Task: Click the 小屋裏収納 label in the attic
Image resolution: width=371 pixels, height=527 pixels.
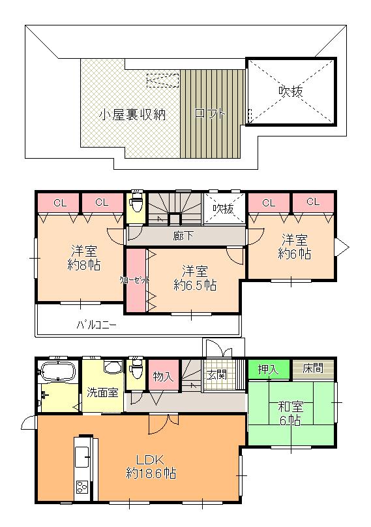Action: click(x=132, y=114)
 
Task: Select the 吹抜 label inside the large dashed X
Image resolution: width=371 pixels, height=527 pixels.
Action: click(x=291, y=92)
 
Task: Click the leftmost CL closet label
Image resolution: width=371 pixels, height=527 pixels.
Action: click(x=59, y=202)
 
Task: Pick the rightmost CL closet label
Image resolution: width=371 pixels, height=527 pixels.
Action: click(x=312, y=202)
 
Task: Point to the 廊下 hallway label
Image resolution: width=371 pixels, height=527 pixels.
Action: click(x=183, y=236)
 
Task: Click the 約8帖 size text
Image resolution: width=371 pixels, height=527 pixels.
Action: click(x=83, y=266)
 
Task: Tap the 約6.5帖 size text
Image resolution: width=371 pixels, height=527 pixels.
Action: click(x=195, y=285)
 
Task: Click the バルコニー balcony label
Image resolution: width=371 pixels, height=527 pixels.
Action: click(x=96, y=324)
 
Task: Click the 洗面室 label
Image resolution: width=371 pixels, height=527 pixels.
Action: click(x=102, y=392)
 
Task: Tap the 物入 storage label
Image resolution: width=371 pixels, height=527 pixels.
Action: click(x=163, y=376)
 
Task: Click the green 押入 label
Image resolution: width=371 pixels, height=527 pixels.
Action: click(x=267, y=369)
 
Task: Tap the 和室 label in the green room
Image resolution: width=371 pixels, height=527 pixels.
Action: click(x=291, y=407)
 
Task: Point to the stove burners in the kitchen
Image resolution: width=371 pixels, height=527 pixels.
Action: click(x=83, y=487)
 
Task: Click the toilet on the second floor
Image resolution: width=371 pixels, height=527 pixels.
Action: click(x=137, y=203)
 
